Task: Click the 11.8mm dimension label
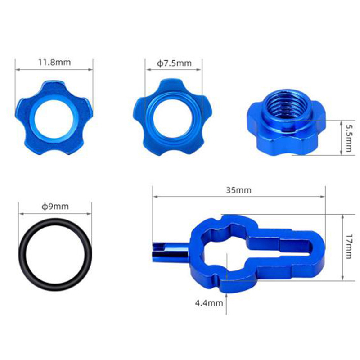pyautogui.click(x=54, y=62)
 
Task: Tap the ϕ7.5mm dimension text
pyautogui.click(x=174, y=63)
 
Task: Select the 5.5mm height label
pyautogui.click(x=348, y=138)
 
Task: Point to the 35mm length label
pyautogui.click(x=238, y=190)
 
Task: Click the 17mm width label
pyautogui.click(x=348, y=247)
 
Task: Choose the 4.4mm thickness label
pyautogui.click(x=209, y=303)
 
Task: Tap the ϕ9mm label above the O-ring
pyautogui.click(x=55, y=207)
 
